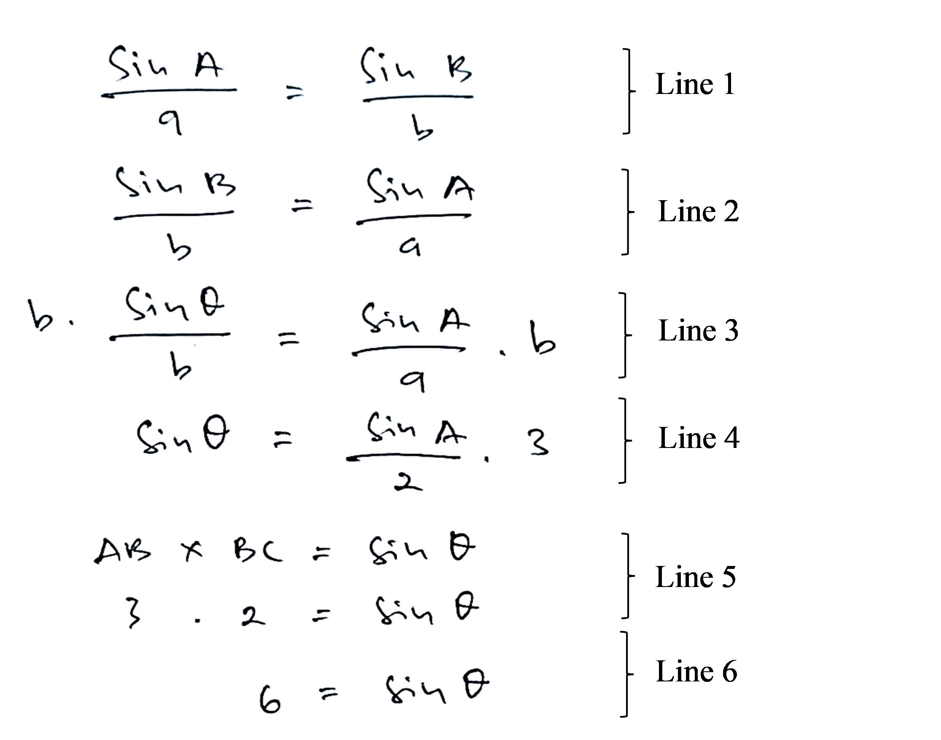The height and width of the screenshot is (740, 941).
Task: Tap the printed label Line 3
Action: click(x=698, y=330)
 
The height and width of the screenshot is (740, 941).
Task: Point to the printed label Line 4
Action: click(x=698, y=438)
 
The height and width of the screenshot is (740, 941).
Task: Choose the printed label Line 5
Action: click(x=695, y=577)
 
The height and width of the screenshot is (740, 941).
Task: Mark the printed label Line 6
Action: click(x=696, y=672)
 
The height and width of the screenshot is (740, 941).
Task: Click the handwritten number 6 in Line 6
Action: click(x=269, y=698)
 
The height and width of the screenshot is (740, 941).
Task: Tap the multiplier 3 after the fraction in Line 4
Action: click(x=539, y=442)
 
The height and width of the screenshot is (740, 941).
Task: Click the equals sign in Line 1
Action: click(x=295, y=92)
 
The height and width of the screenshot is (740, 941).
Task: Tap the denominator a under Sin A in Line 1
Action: click(x=170, y=122)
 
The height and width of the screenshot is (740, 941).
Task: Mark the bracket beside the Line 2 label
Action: click(x=626, y=212)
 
